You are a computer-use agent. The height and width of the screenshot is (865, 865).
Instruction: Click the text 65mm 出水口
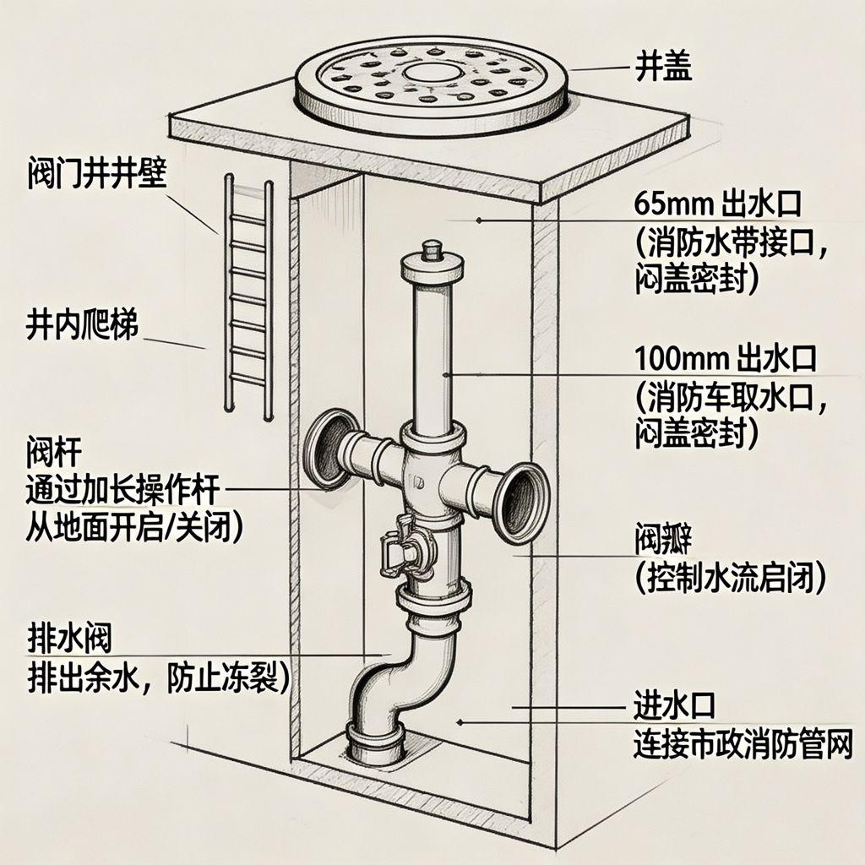(724, 204)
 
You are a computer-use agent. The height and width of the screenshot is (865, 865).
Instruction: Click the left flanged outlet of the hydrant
(327, 450)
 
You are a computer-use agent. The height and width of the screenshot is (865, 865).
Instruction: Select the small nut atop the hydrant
(432, 250)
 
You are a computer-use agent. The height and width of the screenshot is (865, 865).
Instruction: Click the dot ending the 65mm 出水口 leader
(479, 220)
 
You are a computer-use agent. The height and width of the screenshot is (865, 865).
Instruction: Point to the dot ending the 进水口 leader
(460, 721)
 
